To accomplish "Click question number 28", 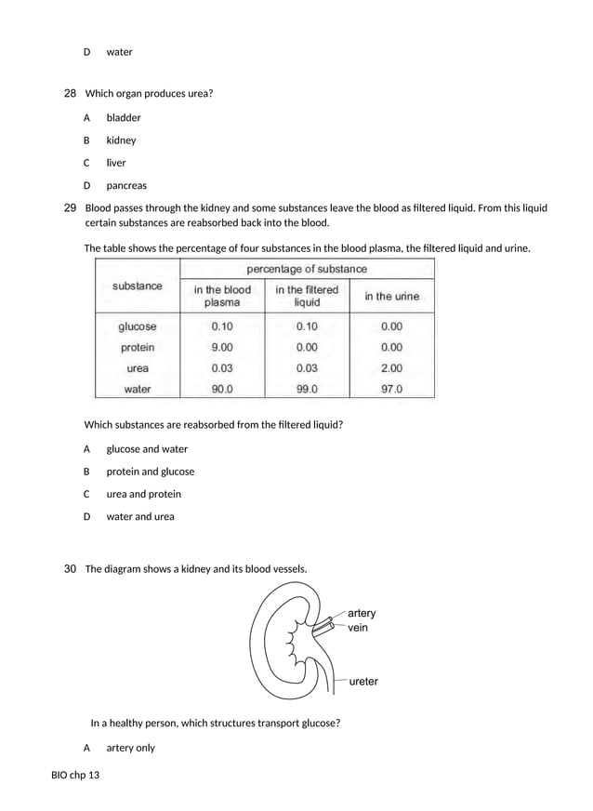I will pos(70,93).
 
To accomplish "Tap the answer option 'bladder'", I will pos(123,118).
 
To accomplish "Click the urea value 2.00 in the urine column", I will pos(391,368).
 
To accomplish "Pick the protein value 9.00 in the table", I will pos(222,347).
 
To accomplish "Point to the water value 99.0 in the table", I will pos(307,390).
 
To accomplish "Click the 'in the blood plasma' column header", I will pos(222,296).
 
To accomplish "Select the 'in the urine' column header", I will pos(391,297).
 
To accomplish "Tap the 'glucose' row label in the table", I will pos(138,326).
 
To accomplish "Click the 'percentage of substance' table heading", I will pos(306,269).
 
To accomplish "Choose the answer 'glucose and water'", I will pos(146,449).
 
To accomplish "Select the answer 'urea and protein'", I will pos(143,494).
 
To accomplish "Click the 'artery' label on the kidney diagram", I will pos(362,613).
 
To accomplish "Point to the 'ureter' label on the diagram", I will pos(363,682).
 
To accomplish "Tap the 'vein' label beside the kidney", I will pos(358,628).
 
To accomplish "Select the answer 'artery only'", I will pos(130,748).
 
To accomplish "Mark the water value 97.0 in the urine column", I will pos(391,390).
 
